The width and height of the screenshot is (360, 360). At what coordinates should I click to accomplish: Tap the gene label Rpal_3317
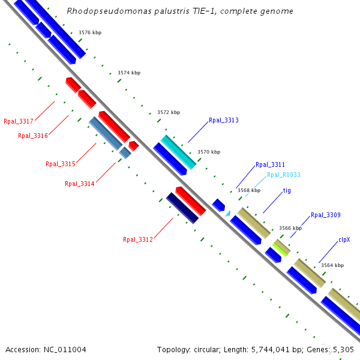pyautogui.click(x=19, y=121)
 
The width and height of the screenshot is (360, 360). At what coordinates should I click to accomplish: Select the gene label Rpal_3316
pyautogui.click(x=33, y=136)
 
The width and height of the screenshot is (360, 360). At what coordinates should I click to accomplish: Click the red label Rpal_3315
pyautogui.click(x=61, y=164)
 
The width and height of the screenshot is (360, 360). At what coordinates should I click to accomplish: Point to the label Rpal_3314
pyautogui.click(x=79, y=184)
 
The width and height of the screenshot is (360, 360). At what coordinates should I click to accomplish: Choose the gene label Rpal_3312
pyautogui.click(x=138, y=239)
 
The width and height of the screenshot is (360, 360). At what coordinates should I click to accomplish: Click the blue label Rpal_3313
pyautogui.click(x=224, y=120)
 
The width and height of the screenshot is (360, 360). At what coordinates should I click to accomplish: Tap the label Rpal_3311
pyautogui.click(x=270, y=164)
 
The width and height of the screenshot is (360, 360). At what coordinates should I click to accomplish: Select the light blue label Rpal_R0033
pyautogui.click(x=284, y=175)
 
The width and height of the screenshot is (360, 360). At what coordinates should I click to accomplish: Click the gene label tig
pyautogui.click(x=287, y=190)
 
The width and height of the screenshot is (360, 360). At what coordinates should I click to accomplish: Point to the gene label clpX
pyautogui.click(x=344, y=239)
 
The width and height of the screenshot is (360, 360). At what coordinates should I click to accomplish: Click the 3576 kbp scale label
pyautogui.click(x=90, y=32)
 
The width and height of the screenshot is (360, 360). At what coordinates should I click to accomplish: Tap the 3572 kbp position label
pyautogui.click(x=169, y=112)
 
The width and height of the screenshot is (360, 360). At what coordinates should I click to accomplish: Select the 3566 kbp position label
pyautogui.click(x=290, y=228)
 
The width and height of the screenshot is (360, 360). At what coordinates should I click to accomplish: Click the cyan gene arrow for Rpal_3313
pyautogui.click(x=178, y=152)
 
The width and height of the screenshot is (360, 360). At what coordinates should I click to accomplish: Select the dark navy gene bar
pyautogui.click(x=182, y=208)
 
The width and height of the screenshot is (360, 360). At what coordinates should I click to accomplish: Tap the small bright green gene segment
pyautogui.click(x=280, y=247)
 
